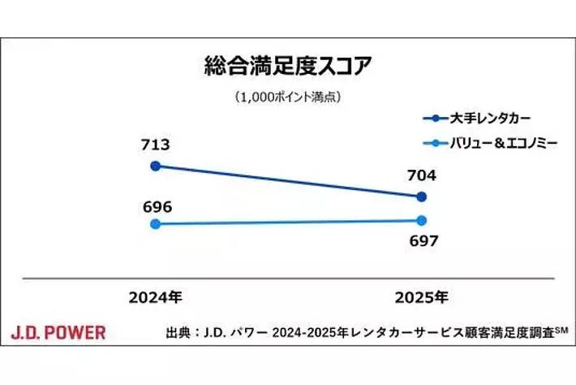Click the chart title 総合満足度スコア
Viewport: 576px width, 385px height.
(x=287, y=65)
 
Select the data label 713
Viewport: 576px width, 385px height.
(x=155, y=145)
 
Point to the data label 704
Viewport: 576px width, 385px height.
(x=421, y=175)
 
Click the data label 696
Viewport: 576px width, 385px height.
(x=155, y=206)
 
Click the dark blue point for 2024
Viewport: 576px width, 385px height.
(x=155, y=166)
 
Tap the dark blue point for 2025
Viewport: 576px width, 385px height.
(x=421, y=196)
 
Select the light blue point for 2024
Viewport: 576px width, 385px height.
(x=155, y=223)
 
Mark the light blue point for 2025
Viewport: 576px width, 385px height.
(x=421, y=220)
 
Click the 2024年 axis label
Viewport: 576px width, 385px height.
(x=155, y=297)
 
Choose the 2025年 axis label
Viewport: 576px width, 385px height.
(x=421, y=297)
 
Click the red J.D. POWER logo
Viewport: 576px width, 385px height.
(x=58, y=332)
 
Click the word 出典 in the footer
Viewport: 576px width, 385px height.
(x=176, y=333)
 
